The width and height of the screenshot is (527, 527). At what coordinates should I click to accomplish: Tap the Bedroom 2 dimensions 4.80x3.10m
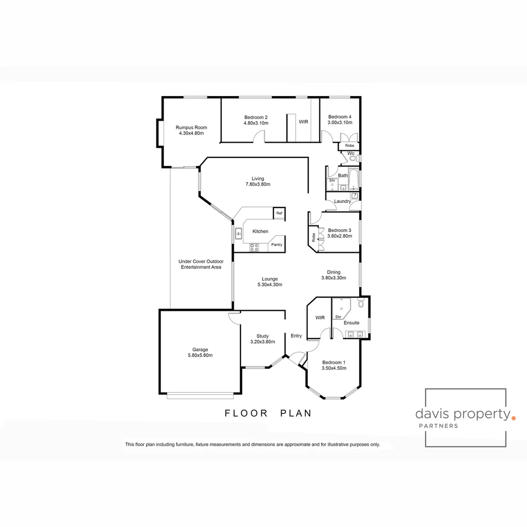256,123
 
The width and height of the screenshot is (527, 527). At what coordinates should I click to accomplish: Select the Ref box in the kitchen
279,213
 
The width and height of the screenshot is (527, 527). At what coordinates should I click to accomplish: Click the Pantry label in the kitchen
277,244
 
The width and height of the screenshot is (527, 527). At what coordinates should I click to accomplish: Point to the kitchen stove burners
254,247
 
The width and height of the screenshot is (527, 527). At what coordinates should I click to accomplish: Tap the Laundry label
343,201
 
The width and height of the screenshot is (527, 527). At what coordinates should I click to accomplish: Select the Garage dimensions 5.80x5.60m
200,355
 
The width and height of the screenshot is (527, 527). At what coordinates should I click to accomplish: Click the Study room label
263,336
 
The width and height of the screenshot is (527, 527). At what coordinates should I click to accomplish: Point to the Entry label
296,336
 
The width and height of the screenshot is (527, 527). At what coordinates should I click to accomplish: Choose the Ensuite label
351,323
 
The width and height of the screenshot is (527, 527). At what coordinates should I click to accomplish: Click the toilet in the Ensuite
361,304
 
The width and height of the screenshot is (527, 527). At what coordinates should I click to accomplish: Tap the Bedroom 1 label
334,362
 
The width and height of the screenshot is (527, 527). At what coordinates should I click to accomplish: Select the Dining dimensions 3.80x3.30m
334,278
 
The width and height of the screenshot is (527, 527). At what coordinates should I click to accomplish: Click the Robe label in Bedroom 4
349,146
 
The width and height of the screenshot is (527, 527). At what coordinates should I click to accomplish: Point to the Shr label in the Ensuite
338,317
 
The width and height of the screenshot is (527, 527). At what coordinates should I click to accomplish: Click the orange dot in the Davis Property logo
512,418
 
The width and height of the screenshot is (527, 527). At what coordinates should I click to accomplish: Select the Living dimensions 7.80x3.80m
258,184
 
